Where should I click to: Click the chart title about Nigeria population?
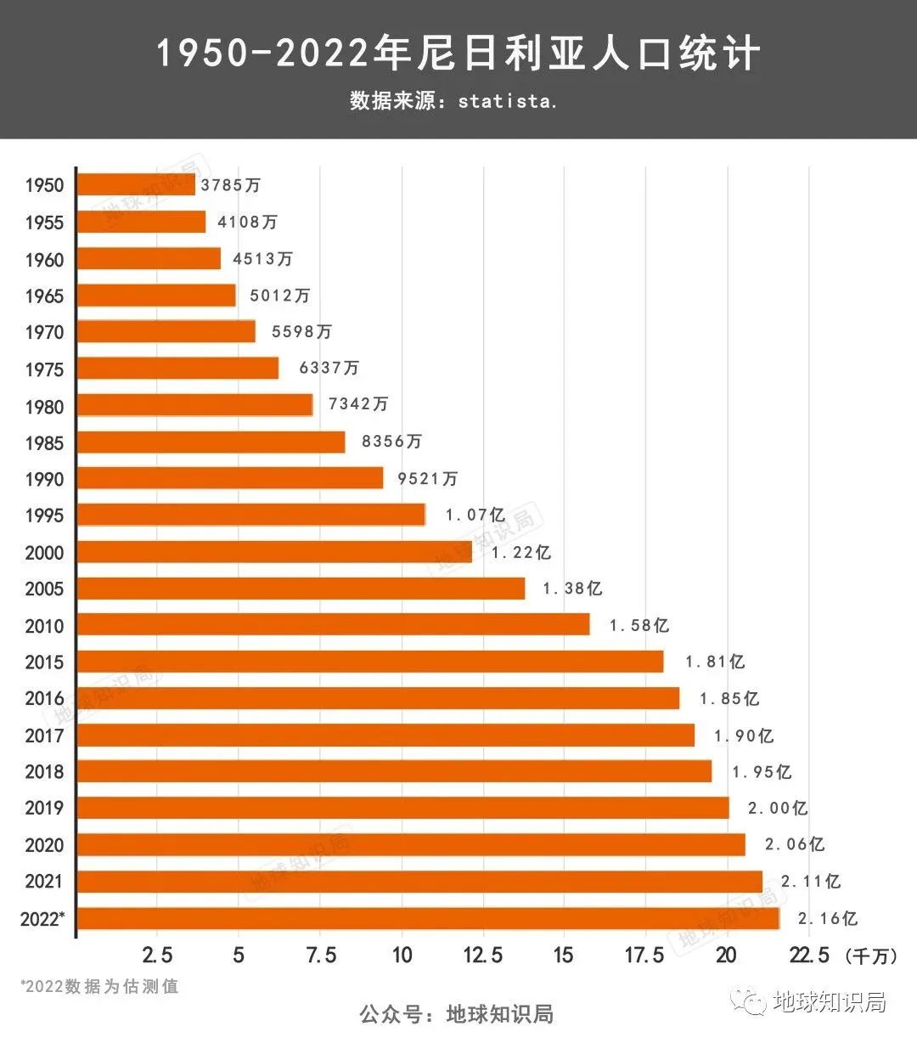(x=458, y=54)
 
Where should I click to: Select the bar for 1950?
(x=136, y=184)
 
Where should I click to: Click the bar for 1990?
(x=230, y=478)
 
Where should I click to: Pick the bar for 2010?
(x=334, y=625)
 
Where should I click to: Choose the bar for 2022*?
(x=428, y=918)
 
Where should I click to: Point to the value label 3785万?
(x=230, y=184)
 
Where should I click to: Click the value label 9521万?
(x=427, y=478)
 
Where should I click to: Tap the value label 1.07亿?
(x=475, y=515)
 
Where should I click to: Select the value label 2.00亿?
(x=777, y=808)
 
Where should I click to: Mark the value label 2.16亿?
(x=827, y=918)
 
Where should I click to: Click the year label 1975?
(x=44, y=369)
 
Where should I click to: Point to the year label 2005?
(x=44, y=589)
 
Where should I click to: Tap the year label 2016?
(x=44, y=699)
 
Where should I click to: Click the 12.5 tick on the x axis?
(x=482, y=955)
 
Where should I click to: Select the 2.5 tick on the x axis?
(x=157, y=955)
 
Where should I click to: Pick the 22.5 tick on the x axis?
(x=808, y=955)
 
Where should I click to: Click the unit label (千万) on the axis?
(x=871, y=956)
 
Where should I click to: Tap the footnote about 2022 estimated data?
(x=100, y=987)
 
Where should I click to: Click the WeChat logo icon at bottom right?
(x=751, y=1003)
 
